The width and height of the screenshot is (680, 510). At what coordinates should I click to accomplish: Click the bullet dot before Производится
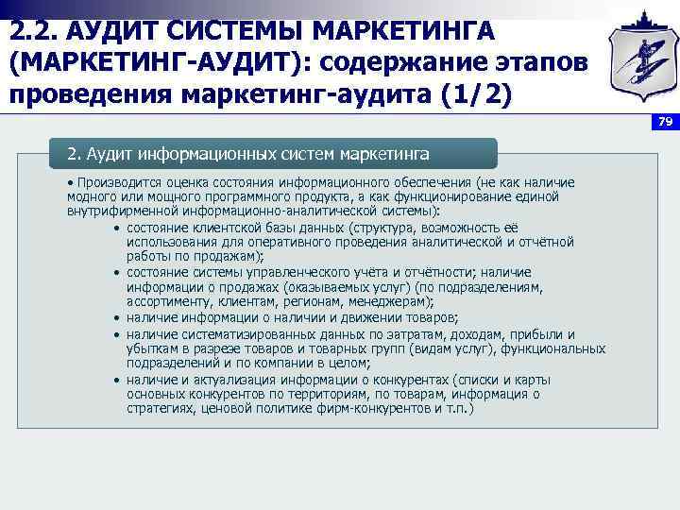(x=70, y=181)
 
